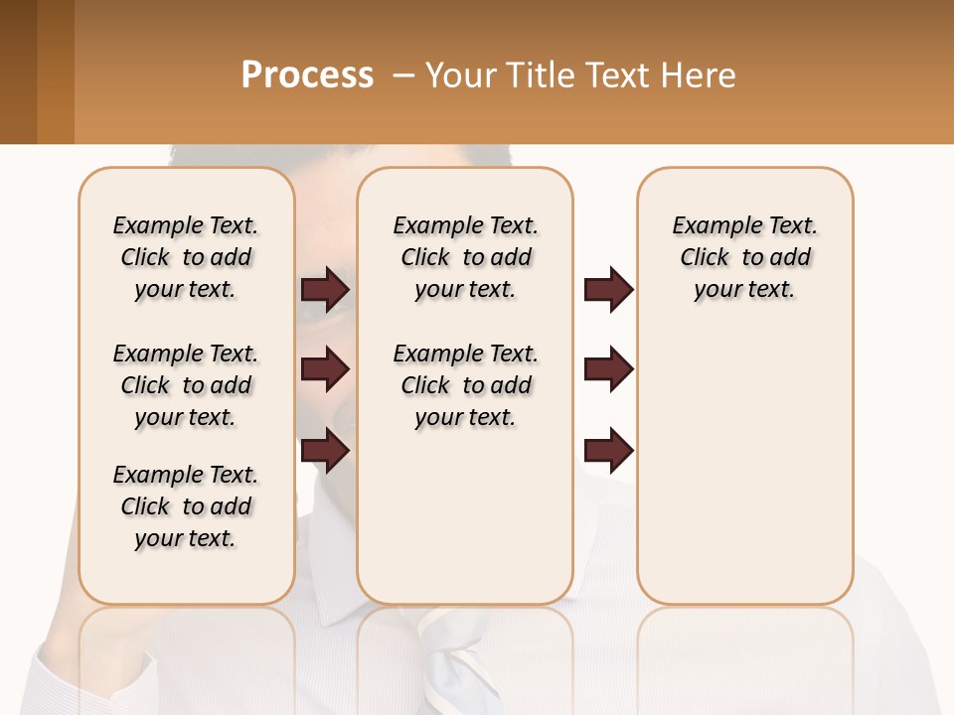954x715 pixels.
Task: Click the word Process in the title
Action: click(307, 75)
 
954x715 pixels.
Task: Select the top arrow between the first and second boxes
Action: click(325, 290)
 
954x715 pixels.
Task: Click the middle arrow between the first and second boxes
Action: click(325, 370)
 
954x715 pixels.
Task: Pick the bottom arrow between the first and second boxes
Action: click(325, 450)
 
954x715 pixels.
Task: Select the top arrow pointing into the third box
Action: click(608, 290)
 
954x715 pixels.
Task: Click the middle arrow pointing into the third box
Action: click(608, 370)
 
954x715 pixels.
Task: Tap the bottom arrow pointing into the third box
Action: click(608, 450)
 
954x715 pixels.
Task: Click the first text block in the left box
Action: click(186, 257)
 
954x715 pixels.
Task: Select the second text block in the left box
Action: click(186, 385)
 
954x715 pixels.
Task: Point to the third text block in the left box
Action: click(186, 506)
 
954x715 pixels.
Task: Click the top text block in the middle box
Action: click(466, 257)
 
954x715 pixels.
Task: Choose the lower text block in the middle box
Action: click(466, 385)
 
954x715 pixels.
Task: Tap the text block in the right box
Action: click(745, 257)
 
